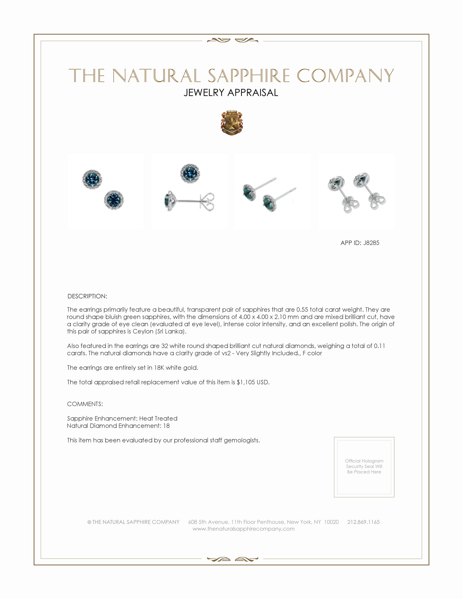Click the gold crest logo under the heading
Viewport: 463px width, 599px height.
(x=232, y=123)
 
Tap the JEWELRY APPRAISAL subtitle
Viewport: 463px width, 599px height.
(x=231, y=93)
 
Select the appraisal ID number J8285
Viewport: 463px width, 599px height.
(x=371, y=243)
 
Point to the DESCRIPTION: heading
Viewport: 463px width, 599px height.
(x=87, y=296)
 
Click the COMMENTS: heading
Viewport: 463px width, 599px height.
(x=85, y=404)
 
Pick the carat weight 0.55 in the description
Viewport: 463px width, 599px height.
(x=302, y=310)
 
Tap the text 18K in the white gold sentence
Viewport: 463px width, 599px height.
(x=159, y=368)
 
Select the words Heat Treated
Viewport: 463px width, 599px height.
(x=158, y=418)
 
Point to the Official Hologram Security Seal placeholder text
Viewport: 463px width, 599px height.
(x=364, y=466)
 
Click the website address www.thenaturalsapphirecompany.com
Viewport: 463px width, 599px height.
(x=243, y=529)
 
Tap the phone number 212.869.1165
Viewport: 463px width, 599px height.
(x=363, y=522)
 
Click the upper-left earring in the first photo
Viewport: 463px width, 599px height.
(x=92, y=179)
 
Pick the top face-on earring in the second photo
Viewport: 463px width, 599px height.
(x=190, y=173)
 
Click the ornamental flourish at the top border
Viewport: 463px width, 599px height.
(x=232, y=41)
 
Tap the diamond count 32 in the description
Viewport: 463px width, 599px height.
(x=165, y=346)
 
